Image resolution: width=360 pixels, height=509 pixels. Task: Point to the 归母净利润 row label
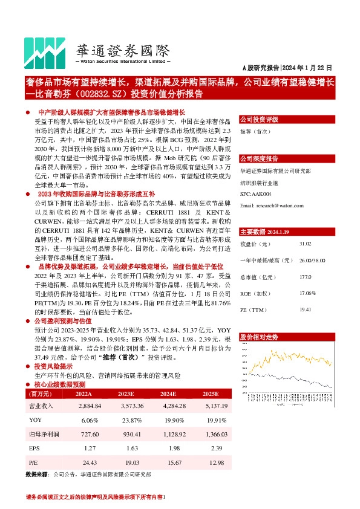click(42, 434)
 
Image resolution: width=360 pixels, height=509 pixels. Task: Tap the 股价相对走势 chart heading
click(260, 336)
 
